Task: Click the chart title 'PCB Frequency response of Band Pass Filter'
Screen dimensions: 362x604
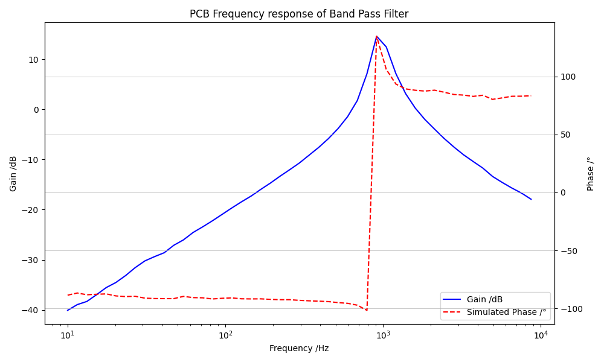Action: pos(299,14)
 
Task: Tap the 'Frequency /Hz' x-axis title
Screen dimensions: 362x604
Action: pos(299,348)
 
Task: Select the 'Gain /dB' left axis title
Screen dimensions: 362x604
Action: pos(13,174)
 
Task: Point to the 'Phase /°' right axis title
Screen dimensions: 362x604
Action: pos(591,174)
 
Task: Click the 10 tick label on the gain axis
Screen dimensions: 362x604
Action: pos(33,59)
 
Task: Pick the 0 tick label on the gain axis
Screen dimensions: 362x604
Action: pos(36,109)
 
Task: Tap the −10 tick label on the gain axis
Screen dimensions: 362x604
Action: pos(31,160)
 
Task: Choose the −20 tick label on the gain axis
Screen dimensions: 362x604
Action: pos(31,210)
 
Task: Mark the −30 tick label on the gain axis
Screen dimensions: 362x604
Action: pos(31,260)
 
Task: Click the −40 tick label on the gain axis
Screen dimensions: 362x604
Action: pos(31,310)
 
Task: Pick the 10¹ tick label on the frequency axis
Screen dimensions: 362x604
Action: pos(68,335)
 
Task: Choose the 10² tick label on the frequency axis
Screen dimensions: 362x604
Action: pos(225,335)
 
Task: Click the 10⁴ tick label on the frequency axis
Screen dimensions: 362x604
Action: pos(541,335)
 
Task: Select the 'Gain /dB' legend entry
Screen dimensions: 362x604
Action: pos(484,300)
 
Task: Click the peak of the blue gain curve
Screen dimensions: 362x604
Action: pos(376,36)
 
